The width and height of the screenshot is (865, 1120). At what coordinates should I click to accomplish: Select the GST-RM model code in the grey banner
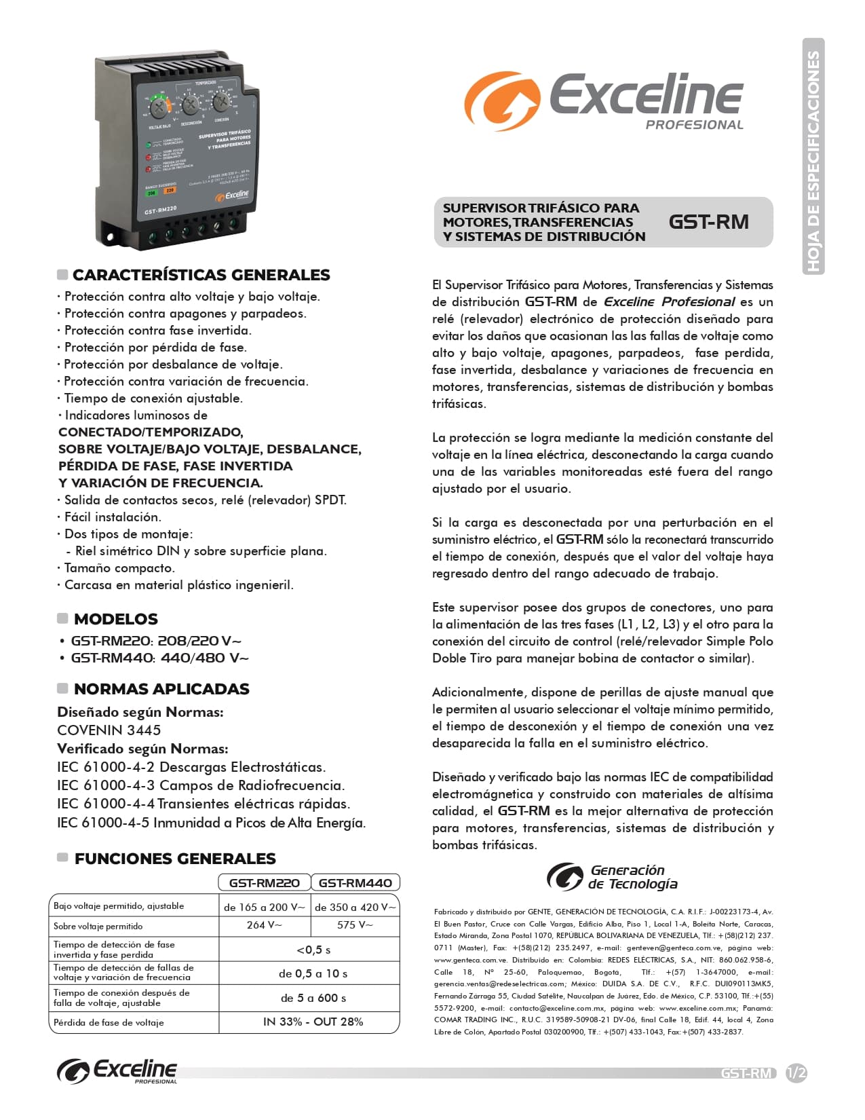point(708,222)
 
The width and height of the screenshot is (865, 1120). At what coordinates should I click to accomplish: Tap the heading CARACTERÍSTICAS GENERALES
point(201,275)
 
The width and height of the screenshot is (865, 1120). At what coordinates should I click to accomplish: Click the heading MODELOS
point(115,619)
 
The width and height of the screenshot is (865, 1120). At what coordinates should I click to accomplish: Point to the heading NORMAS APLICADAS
point(161,689)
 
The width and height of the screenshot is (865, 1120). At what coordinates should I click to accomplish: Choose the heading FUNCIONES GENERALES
point(175,859)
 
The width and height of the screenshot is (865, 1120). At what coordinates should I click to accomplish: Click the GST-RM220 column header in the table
point(265,882)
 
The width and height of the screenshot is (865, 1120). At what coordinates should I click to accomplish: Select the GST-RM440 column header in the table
point(355,882)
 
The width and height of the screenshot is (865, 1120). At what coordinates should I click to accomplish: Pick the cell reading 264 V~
point(265,925)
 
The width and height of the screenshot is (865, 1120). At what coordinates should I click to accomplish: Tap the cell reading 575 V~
point(355,925)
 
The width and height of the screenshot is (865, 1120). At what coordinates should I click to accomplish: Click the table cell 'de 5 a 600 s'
point(313,998)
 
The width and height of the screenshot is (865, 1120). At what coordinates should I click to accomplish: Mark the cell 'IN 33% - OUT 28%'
point(313,1022)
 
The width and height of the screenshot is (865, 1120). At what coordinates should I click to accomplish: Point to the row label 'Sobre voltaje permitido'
point(98,926)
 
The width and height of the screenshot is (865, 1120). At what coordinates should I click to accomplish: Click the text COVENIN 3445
point(109,730)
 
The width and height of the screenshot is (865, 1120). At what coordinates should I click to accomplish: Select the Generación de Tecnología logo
point(612,876)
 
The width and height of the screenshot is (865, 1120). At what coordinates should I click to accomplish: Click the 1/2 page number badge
point(796,1073)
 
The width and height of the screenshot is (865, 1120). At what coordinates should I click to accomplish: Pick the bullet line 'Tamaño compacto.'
point(119,568)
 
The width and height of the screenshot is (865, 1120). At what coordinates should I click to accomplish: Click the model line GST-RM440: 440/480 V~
point(159,658)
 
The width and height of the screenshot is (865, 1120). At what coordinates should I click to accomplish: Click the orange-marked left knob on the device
point(159,107)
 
